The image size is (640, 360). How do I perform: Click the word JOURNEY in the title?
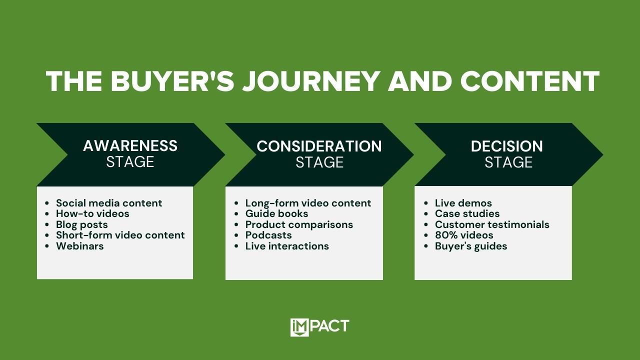(x=311, y=81)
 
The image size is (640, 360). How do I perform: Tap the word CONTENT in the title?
(x=529, y=81)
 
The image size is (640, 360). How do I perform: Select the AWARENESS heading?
(x=130, y=145)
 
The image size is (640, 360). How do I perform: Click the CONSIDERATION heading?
(x=319, y=146)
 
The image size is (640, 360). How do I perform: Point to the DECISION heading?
(x=507, y=146)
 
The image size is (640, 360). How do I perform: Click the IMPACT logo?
(x=319, y=327)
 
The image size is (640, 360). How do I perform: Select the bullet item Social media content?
(x=109, y=203)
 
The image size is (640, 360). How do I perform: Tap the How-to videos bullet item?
(x=92, y=213)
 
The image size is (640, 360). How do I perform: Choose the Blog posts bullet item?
(x=81, y=225)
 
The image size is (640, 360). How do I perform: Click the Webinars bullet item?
(x=79, y=246)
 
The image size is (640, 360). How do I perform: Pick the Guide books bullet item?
(x=276, y=213)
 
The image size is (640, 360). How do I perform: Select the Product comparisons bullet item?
(x=299, y=225)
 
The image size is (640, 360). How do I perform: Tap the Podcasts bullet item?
(x=268, y=235)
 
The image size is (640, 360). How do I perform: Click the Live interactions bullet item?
(x=287, y=246)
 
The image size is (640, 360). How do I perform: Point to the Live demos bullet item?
(x=463, y=203)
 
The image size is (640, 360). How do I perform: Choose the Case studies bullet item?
(x=467, y=213)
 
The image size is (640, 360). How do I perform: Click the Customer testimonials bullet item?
(x=492, y=224)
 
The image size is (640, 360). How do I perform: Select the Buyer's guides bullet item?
(x=471, y=246)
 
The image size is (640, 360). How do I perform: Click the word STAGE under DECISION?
(x=508, y=162)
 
